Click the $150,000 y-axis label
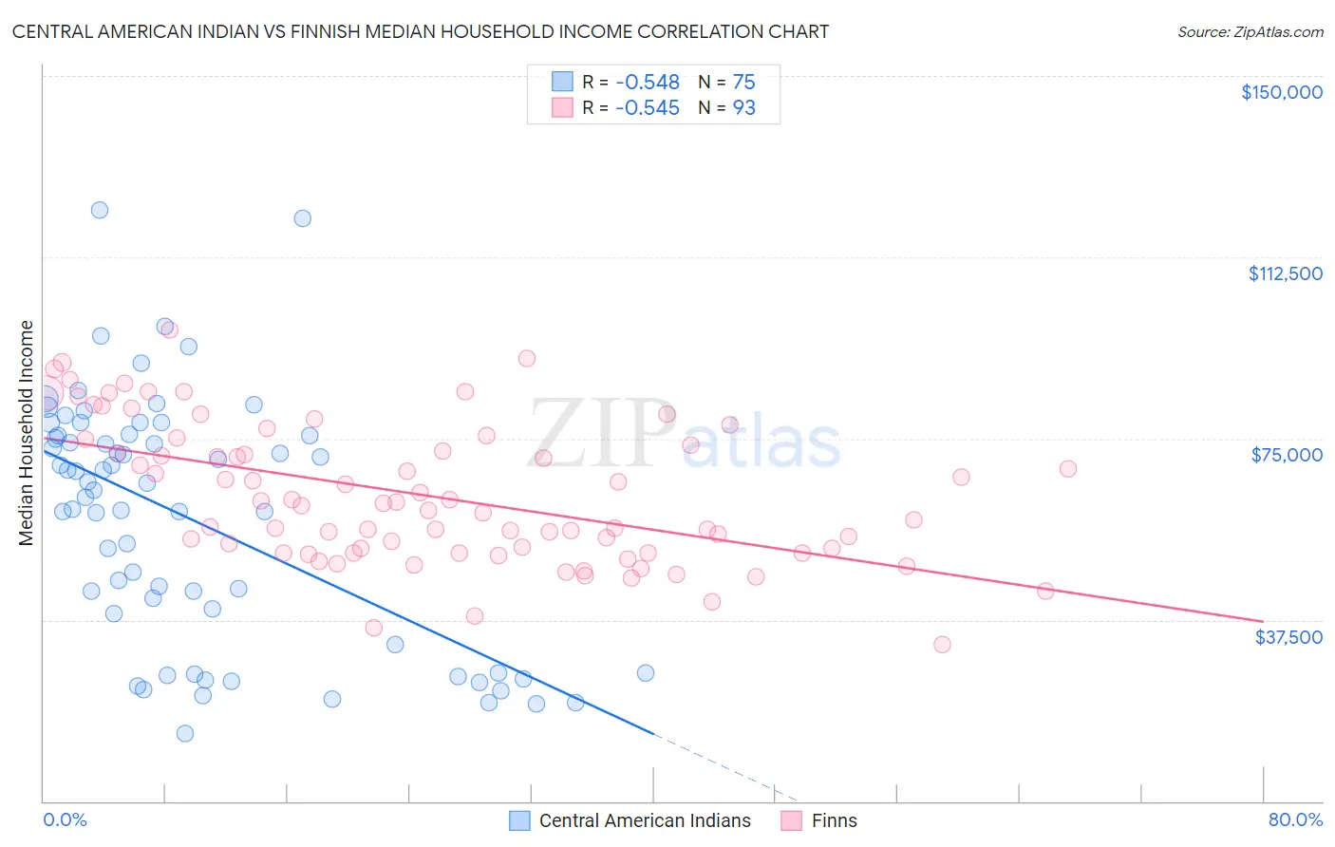(x=1281, y=92)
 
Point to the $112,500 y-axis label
(x=1284, y=273)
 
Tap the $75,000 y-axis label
(x=1286, y=455)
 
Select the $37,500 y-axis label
(x=1288, y=637)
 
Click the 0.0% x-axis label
(x=65, y=819)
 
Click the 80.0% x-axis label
(x=1295, y=819)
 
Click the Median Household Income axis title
(x=27, y=433)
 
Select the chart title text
(x=420, y=31)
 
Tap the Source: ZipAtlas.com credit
(x=1250, y=31)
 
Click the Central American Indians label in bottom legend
(x=645, y=820)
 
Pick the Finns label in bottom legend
(x=834, y=820)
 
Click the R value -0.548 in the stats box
(x=647, y=83)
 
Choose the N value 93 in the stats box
(x=743, y=108)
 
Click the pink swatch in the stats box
(x=563, y=107)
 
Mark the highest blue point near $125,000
(x=100, y=210)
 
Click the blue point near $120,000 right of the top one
(x=302, y=218)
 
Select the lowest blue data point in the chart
(x=185, y=733)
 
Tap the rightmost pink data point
(x=1067, y=469)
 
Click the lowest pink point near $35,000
(x=942, y=645)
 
